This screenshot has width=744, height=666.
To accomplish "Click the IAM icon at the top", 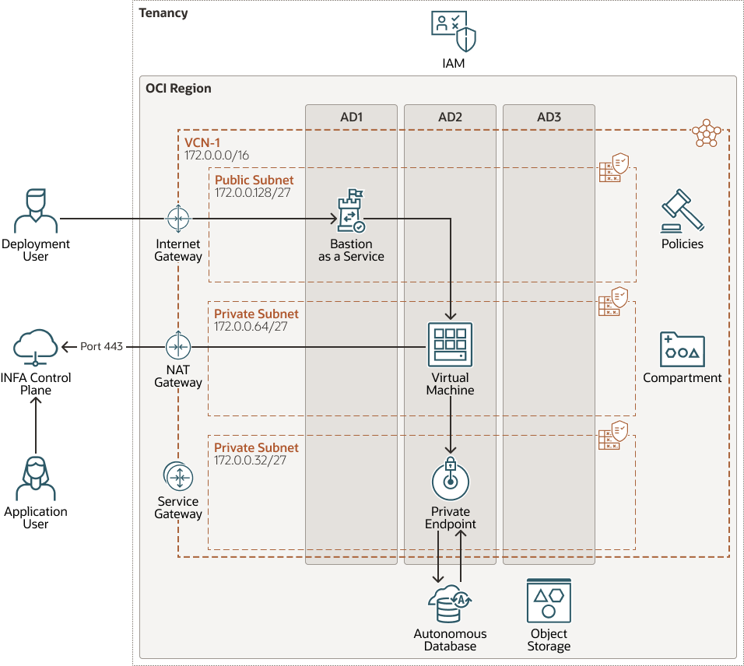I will tap(453, 32).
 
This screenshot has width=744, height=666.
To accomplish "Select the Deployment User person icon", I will tap(36, 211).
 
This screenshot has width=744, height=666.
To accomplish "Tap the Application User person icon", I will tap(36, 478).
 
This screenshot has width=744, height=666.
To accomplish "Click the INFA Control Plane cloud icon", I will tap(36, 346).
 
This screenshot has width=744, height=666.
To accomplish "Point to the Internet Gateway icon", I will tap(178, 219).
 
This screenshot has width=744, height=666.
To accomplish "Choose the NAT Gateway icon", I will tap(178, 346).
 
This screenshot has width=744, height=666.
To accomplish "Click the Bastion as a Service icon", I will tap(351, 212).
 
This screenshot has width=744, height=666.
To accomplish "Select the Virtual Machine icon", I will tap(450, 344).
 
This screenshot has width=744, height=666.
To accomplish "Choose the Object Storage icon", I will tap(549, 601).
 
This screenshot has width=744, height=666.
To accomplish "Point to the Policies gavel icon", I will tap(683, 210).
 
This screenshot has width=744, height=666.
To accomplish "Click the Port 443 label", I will tap(103, 346).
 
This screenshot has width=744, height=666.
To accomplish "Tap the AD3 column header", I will tap(549, 117).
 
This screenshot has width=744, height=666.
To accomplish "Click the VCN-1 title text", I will tap(203, 143).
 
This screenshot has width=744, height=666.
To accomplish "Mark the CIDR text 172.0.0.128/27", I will tap(252, 192).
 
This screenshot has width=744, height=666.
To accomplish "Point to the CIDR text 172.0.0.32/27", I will tap(251, 461).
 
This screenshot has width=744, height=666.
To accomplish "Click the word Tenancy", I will tap(163, 13).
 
